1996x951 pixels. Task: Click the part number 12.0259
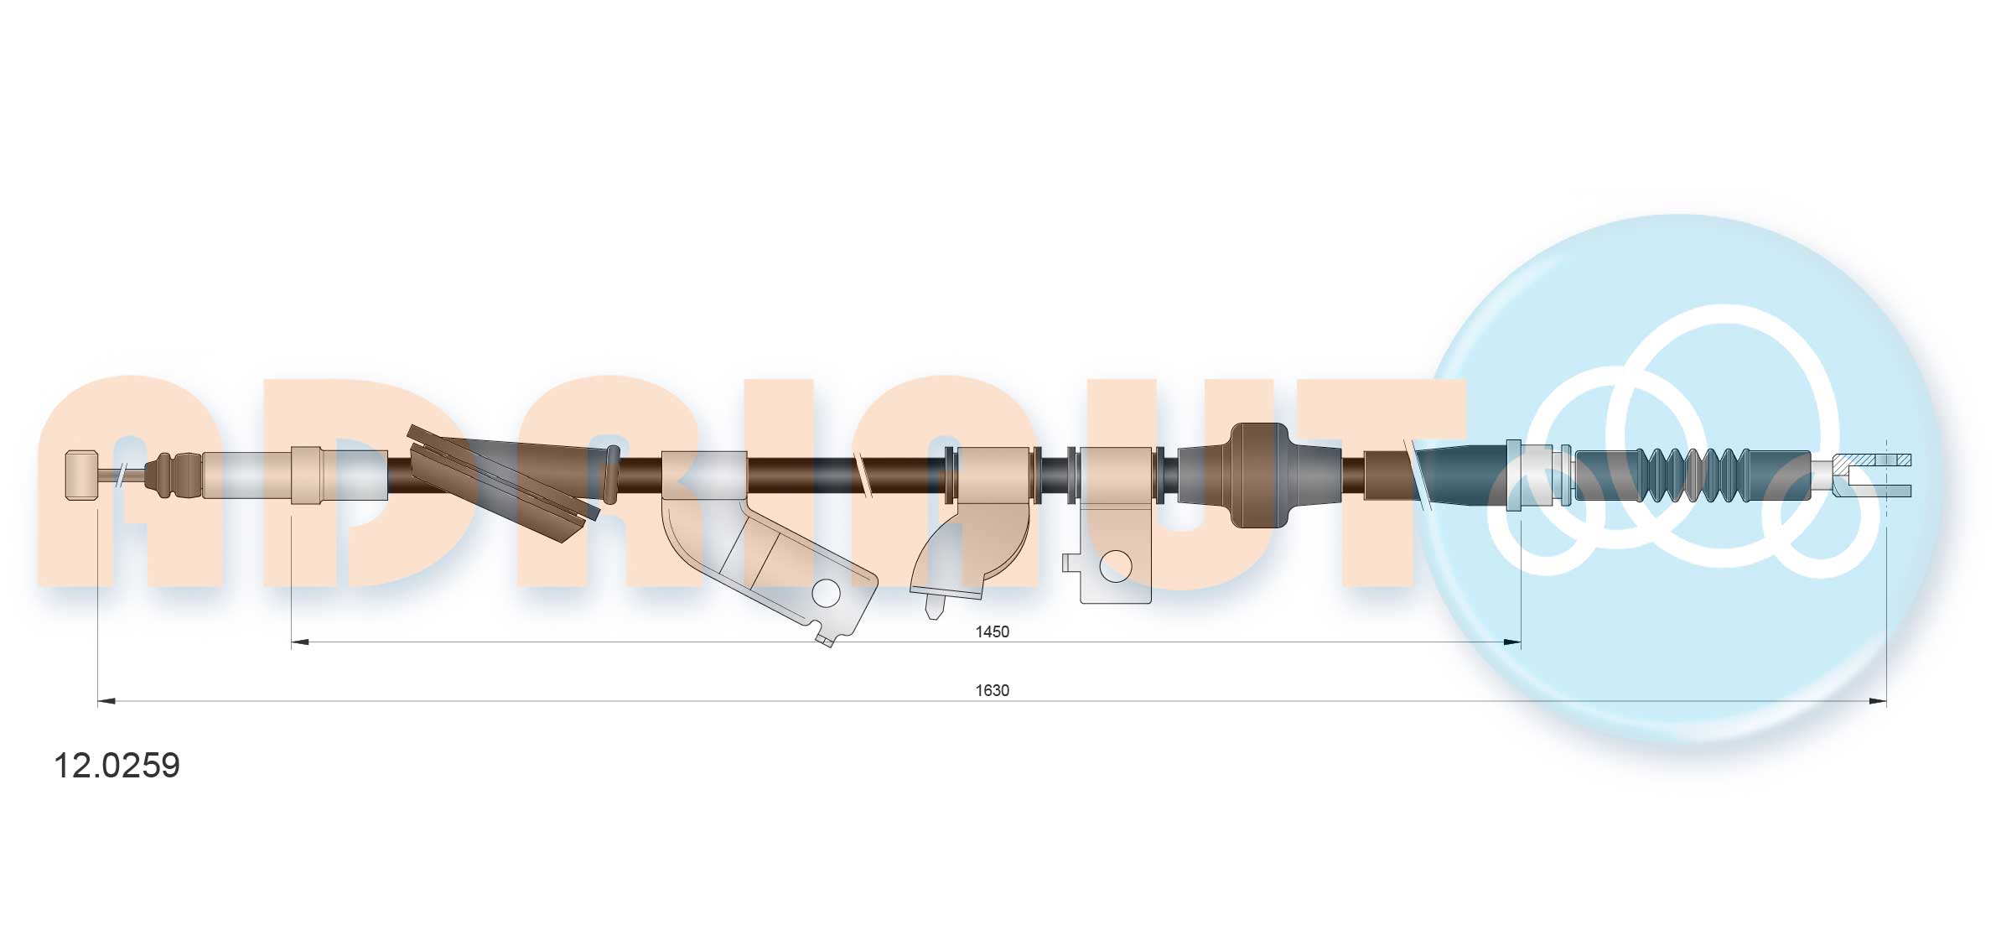[117, 766]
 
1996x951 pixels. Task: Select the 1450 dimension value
[992, 631]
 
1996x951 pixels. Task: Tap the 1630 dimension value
[992, 690]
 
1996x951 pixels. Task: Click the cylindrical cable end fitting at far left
[81, 475]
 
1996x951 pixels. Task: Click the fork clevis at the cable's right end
[1871, 475]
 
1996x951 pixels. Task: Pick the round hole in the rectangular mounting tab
[1115, 567]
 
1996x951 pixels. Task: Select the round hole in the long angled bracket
[826, 593]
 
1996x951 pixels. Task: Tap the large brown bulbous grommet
[1257, 475]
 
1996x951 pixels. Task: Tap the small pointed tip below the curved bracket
[931, 607]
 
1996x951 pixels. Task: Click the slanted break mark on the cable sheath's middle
[863, 475]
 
